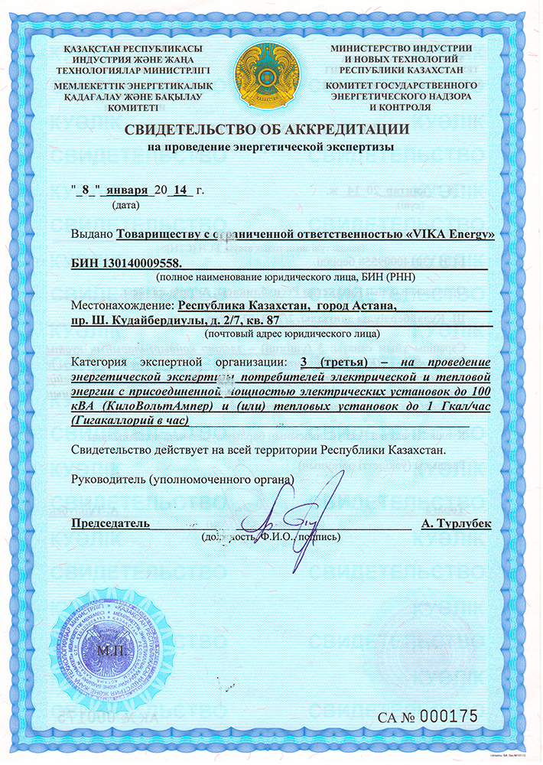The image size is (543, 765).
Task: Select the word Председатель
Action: (x=111, y=524)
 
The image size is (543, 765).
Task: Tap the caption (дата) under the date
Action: (x=125, y=205)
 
